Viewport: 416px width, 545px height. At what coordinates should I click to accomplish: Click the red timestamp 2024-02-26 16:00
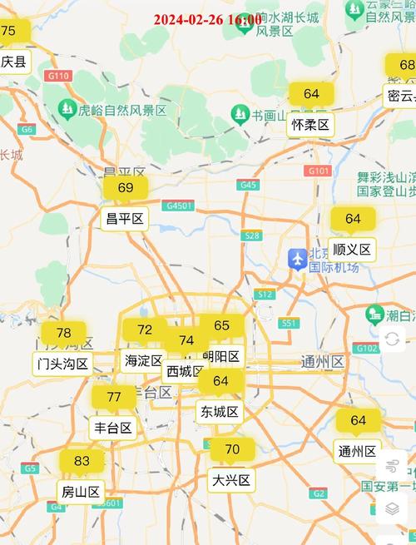(207, 19)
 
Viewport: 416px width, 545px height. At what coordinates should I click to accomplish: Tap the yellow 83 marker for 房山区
(82, 462)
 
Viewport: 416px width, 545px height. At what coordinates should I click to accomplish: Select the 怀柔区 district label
(311, 126)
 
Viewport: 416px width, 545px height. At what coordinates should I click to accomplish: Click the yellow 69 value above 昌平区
(126, 188)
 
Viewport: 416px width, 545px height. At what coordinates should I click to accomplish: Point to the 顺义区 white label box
(352, 249)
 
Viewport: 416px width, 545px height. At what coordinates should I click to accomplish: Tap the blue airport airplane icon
(297, 259)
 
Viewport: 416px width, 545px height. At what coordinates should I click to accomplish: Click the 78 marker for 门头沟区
(63, 334)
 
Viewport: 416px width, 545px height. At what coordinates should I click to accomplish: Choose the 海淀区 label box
(144, 360)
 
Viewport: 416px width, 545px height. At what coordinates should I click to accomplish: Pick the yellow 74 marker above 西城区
(186, 340)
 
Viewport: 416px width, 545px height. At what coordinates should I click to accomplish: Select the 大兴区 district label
(230, 480)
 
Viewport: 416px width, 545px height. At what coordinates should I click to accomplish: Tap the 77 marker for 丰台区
(114, 397)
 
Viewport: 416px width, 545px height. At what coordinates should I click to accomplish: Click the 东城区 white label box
(220, 411)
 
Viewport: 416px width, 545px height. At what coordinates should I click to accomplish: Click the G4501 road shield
(179, 206)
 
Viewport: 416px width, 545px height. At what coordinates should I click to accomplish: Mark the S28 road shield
(251, 235)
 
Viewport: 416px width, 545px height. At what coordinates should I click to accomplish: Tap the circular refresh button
(393, 338)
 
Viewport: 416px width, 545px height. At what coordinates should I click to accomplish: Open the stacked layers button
(393, 508)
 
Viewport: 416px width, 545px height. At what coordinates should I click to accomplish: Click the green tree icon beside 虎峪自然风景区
(67, 108)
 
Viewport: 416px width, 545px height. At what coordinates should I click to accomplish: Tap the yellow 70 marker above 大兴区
(232, 450)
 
